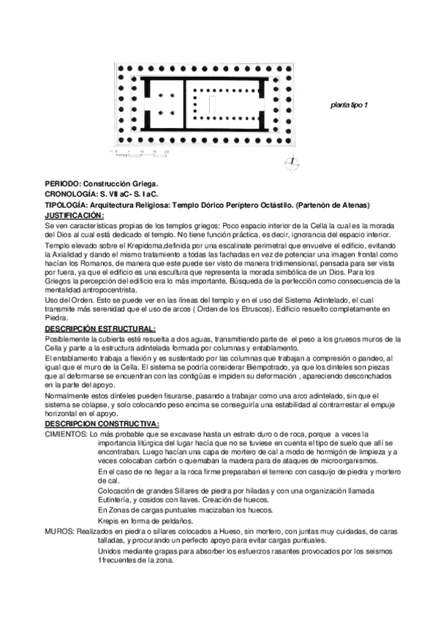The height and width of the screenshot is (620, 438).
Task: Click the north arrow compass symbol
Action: tap(291, 162)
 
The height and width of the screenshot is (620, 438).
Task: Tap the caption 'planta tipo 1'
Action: tap(350, 105)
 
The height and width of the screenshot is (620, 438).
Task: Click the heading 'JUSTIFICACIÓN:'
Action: tap(74, 216)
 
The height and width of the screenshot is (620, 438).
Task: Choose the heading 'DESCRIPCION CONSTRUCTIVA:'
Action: tap(102, 424)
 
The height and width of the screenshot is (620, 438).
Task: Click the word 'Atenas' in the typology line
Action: tap(355, 205)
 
